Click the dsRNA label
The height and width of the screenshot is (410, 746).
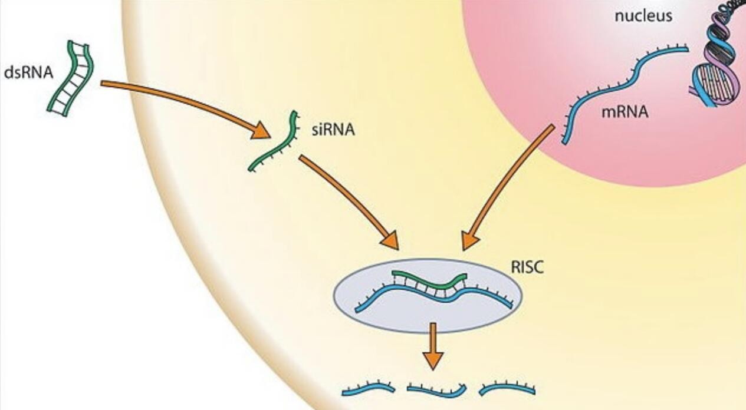point(28,72)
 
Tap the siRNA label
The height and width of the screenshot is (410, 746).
point(333,130)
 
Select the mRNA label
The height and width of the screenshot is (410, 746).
point(625,112)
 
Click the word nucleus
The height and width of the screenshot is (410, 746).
point(643,15)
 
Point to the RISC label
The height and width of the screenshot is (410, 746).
point(527,267)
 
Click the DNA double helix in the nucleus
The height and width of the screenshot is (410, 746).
point(715,65)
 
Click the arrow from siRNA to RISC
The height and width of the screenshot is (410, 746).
point(348,200)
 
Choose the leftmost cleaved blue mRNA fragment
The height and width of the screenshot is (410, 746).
point(368,388)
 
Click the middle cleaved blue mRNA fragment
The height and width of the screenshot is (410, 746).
point(437,390)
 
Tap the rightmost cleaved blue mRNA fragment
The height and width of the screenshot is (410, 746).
point(507,388)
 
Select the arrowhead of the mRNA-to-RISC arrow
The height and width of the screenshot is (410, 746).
point(471,240)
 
